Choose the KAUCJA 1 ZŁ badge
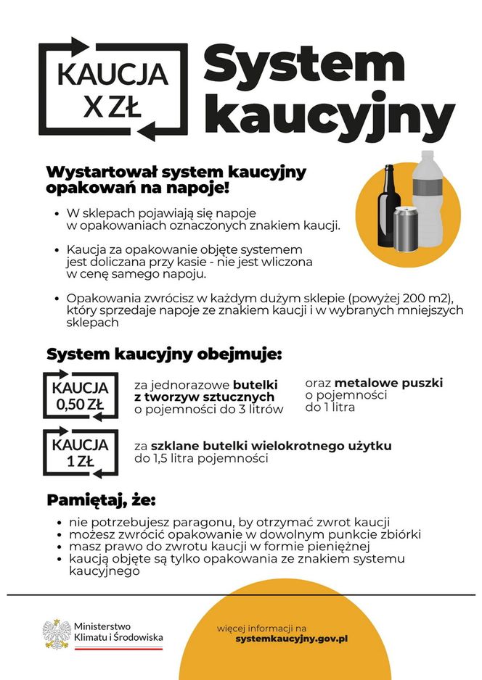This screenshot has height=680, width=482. click(x=80, y=452)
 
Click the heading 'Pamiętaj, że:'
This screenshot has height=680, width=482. click(x=101, y=502)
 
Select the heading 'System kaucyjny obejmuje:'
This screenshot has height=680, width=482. click(x=163, y=355)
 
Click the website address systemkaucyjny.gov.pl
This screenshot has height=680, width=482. click(x=292, y=638)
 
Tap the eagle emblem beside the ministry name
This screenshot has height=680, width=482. click(x=55, y=632)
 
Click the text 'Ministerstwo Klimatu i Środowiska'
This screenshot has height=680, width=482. click(x=118, y=631)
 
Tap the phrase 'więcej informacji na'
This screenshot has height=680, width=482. click(x=262, y=627)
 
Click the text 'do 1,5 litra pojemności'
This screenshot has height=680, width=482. click(x=200, y=458)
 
